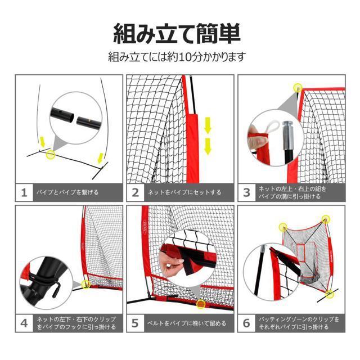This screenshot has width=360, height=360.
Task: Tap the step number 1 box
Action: (x=24, y=192)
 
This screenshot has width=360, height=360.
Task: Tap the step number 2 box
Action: (x=136, y=192)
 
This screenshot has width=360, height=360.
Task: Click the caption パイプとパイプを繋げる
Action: (x=67, y=192)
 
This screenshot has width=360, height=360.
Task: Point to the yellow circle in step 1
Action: (x=50, y=154)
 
